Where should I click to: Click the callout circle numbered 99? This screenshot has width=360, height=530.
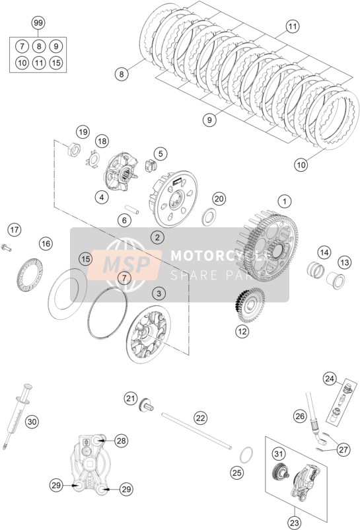click(38, 23)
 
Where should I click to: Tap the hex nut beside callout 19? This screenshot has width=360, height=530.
click(73, 149)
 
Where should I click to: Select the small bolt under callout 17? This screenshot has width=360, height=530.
click(7, 248)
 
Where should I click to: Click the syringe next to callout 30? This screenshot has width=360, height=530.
click(17, 416)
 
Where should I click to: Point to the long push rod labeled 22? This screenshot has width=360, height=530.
click(197, 431)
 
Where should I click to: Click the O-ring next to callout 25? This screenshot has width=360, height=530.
click(246, 455)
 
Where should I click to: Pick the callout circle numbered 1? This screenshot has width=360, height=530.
click(284, 202)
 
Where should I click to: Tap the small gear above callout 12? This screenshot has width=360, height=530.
click(250, 305)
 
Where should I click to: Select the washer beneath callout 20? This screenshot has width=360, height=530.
click(209, 217)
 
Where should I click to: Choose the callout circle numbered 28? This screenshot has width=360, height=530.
click(122, 441)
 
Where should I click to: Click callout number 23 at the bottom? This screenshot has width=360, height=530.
click(295, 523)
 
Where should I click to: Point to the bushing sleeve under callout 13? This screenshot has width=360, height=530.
click(336, 280)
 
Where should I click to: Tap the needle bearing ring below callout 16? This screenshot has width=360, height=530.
click(30, 274)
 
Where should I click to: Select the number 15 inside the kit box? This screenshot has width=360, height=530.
click(56, 63)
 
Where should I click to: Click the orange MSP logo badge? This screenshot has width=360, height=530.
click(124, 264)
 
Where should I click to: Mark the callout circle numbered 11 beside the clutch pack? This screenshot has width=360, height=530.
click(293, 26)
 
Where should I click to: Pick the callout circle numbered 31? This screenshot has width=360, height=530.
click(278, 453)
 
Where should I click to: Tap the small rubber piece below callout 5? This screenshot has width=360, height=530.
click(151, 165)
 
